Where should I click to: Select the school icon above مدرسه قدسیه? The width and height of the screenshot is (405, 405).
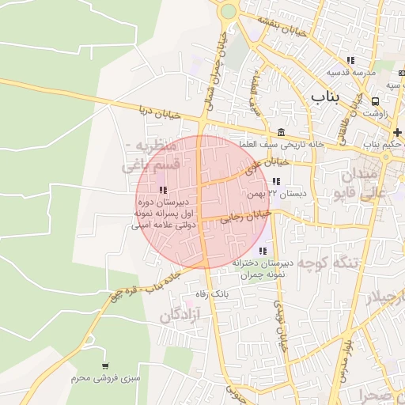click(x=350, y=60)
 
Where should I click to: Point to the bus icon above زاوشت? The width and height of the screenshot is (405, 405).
click(x=375, y=101)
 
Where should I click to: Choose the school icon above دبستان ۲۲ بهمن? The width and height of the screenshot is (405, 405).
click(x=275, y=181)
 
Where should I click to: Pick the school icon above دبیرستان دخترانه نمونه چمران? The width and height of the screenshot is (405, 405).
click(x=263, y=251)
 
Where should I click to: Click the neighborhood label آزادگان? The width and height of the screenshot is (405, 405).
click(x=180, y=315)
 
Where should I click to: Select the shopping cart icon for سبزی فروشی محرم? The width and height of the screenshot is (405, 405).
click(x=104, y=366)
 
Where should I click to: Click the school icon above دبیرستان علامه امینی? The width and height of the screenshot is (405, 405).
click(x=163, y=190)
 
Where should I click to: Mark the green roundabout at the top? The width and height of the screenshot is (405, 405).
click(x=229, y=11)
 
